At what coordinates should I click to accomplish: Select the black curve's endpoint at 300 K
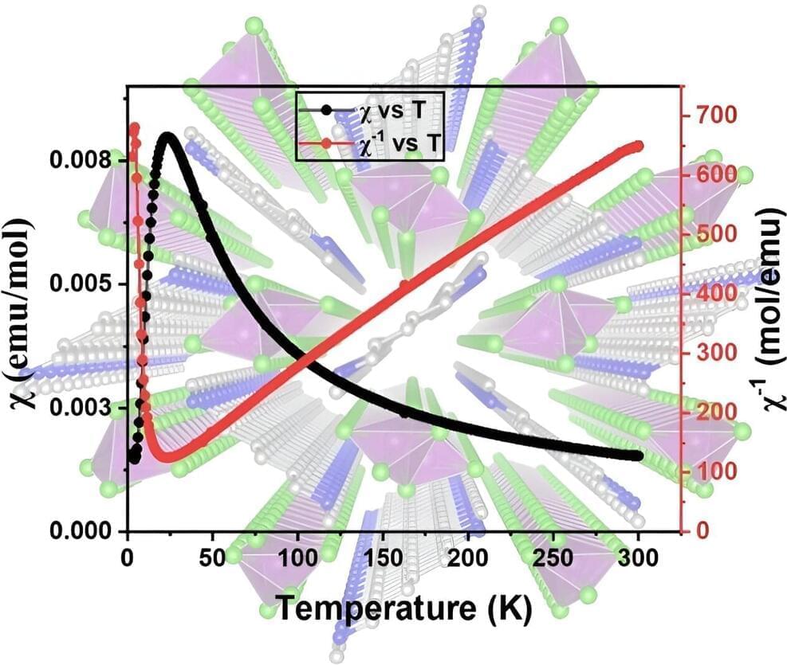tap(637, 455)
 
